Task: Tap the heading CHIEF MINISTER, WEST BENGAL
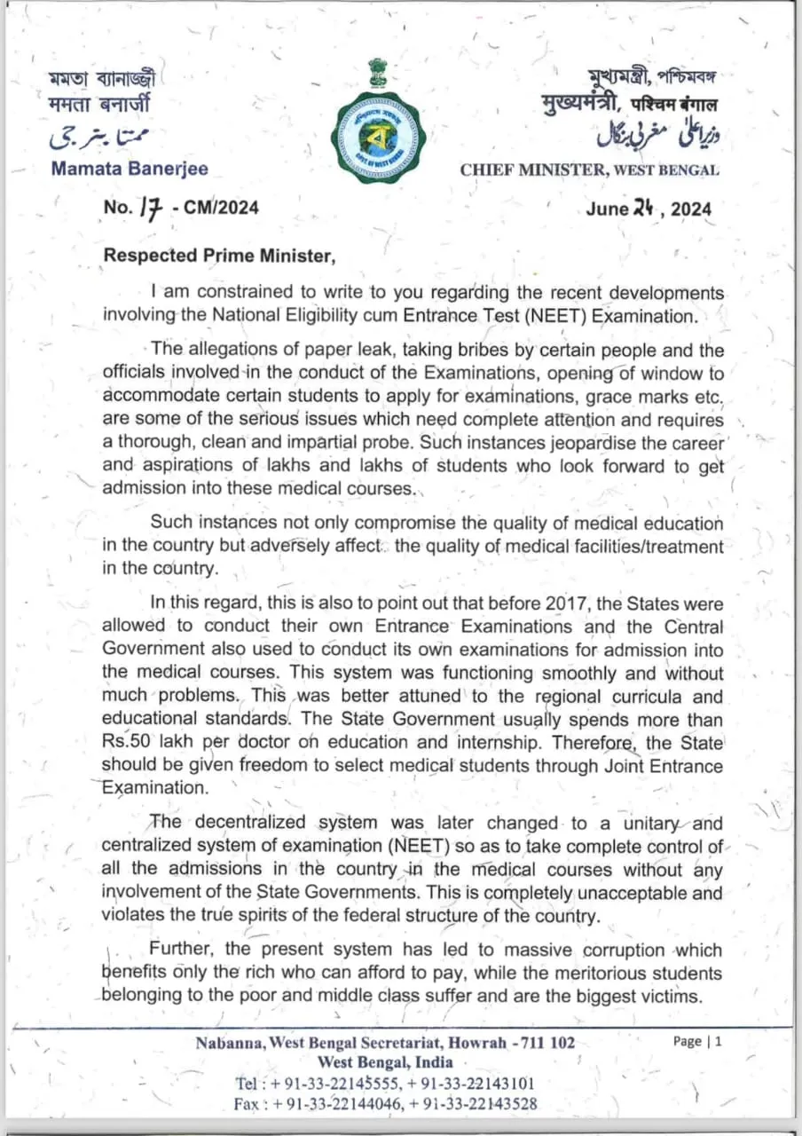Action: click(589, 170)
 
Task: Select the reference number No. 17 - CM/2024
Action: click(181, 208)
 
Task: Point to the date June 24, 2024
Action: click(648, 209)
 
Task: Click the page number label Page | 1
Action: click(697, 1042)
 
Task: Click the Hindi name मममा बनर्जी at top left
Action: click(98, 103)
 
